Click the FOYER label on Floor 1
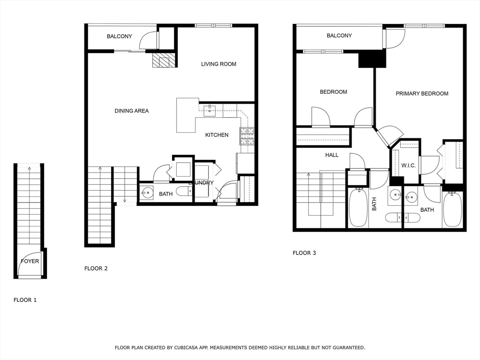click(x=30, y=261)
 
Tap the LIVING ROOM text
click(x=218, y=64)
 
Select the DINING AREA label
click(x=132, y=111)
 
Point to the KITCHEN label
click(x=217, y=135)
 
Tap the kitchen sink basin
click(x=210, y=111)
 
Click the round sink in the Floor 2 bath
click(x=148, y=192)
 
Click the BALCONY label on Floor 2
click(x=119, y=36)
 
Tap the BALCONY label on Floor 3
click(x=339, y=36)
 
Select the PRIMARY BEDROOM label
click(x=422, y=93)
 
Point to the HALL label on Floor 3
click(x=332, y=155)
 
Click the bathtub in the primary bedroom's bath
click(x=452, y=210)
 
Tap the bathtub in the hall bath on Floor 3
click(x=358, y=208)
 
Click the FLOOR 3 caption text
click(x=304, y=253)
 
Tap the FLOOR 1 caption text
click(x=25, y=300)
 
